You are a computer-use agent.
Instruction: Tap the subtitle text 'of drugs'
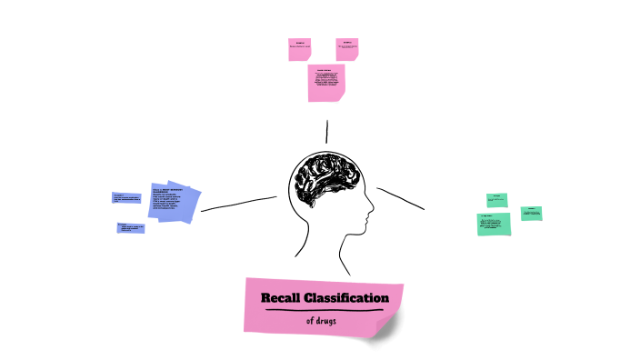[x=325, y=321]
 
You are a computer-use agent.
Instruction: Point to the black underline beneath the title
[x=325, y=310]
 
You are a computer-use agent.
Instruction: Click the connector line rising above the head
[x=325, y=129]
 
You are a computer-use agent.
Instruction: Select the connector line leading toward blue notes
[x=238, y=204]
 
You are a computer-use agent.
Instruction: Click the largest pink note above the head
[x=326, y=83]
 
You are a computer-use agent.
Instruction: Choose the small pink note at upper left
[x=300, y=49]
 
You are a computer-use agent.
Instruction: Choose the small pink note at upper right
[x=347, y=49]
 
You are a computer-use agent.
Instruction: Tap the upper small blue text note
[x=129, y=197]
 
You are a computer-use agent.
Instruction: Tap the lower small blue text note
[x=131, y=227]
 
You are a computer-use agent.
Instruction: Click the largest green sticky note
[x=494, y=224]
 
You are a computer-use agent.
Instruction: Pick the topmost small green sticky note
[x=496, y=199]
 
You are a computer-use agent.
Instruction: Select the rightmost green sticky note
[x=532, y=214]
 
